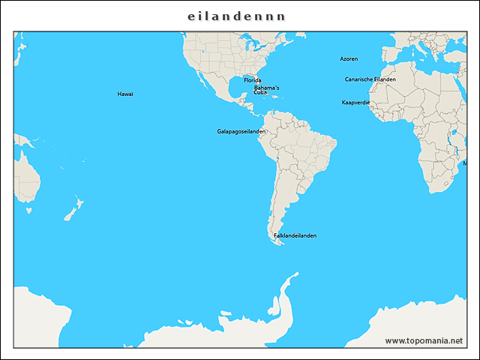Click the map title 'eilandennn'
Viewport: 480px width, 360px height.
[x=236, y=16]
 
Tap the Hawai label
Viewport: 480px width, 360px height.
[x=125, y=94]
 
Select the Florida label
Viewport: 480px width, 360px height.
[x=252, y=80]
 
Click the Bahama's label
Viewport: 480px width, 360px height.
[x=266, y=88]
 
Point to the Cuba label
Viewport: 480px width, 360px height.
[x=259, y=92]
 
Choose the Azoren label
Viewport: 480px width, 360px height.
[x=349, y=58]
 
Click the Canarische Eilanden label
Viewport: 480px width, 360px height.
[x=370, y=79]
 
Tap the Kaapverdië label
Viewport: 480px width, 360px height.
[x=355, y=102]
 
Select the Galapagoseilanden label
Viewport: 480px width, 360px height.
[x=241, y=131]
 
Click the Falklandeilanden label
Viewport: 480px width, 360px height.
[x=295, y=235]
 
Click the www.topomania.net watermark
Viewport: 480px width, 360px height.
[x=424, y=340]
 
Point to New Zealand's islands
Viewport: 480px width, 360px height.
[x=73, y=209]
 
